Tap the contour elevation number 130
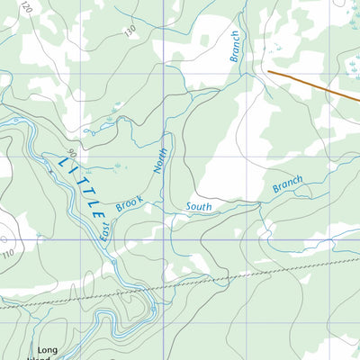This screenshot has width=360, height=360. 130,31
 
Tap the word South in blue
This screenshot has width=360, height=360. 198,206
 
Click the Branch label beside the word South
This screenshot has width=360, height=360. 288,184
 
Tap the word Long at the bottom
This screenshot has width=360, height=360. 47,349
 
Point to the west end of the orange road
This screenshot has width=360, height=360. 269,71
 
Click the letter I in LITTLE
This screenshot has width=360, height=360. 69,172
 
